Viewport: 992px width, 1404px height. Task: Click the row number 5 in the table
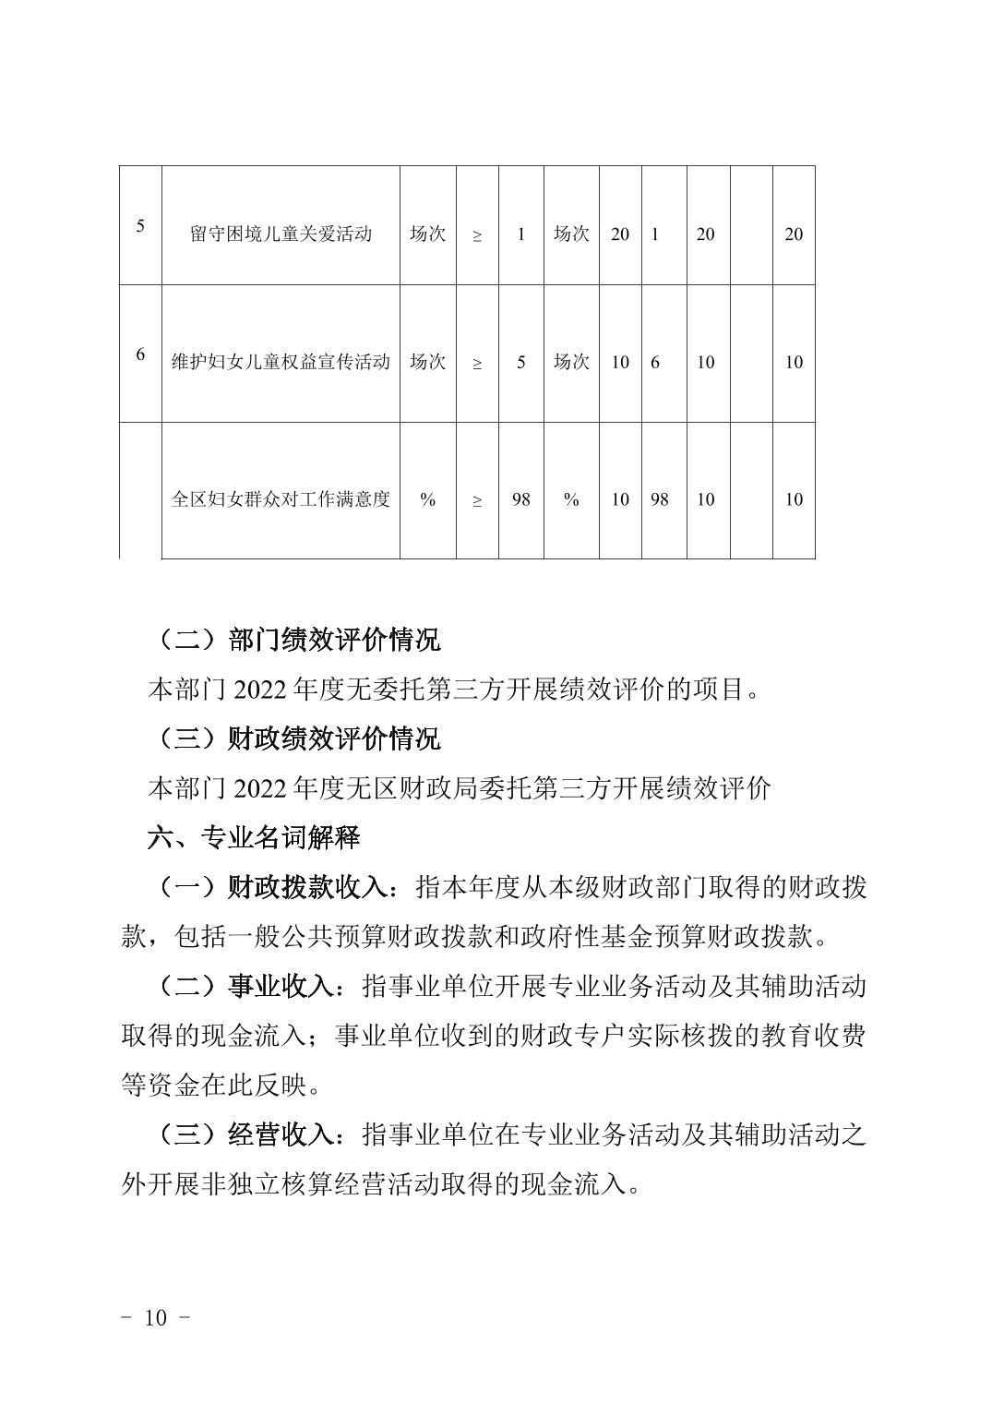(140, 225)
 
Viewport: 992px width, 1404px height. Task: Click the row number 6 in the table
(140, 354)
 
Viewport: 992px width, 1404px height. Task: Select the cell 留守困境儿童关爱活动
(281, 234)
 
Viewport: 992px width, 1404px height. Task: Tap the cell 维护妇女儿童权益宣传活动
(281, 362)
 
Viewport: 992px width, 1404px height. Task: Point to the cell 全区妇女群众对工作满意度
(281, 499)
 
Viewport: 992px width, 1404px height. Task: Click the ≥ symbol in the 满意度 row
(477, 500)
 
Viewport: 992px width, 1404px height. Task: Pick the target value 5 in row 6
(520, 362)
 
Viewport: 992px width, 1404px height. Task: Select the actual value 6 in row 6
(655, 362)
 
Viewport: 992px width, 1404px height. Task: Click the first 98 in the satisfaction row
(520, 499)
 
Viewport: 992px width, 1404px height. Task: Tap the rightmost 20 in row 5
(794, 234)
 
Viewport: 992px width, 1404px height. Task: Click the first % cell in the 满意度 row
(427, 499)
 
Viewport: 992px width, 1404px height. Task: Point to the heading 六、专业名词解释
(254, 837)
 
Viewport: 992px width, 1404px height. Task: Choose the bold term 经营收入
(281, 1134)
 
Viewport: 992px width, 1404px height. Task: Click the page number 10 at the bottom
(156, 1317)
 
